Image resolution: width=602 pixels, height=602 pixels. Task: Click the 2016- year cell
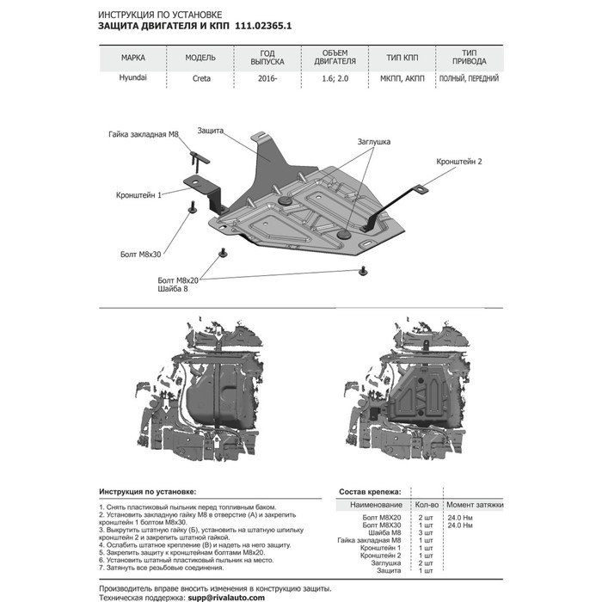[x=267, y=79]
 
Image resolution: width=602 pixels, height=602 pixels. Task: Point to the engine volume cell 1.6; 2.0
[x=333, y=79]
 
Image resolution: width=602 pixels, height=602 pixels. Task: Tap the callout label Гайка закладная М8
[x=144, y=135]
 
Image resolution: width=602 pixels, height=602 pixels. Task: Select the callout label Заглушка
[x=374, y=141]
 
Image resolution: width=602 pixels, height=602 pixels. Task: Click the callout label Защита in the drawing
[x=211, y=130]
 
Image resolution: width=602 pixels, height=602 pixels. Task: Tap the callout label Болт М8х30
[x=142, y=255]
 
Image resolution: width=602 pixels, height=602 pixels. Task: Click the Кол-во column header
[x=427, y=504]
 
